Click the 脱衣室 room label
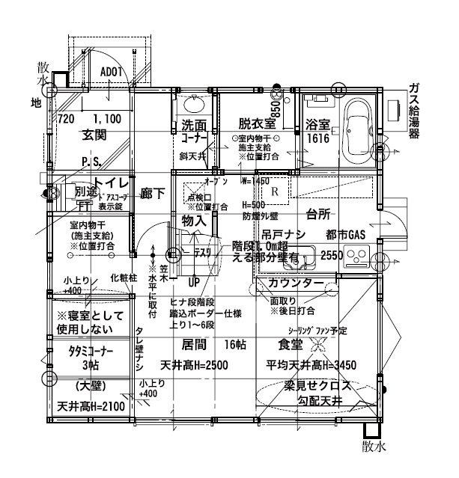257,122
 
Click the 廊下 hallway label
153,193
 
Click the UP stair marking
193,284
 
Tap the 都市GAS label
345,235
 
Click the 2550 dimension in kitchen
332,255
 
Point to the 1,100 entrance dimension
107,118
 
